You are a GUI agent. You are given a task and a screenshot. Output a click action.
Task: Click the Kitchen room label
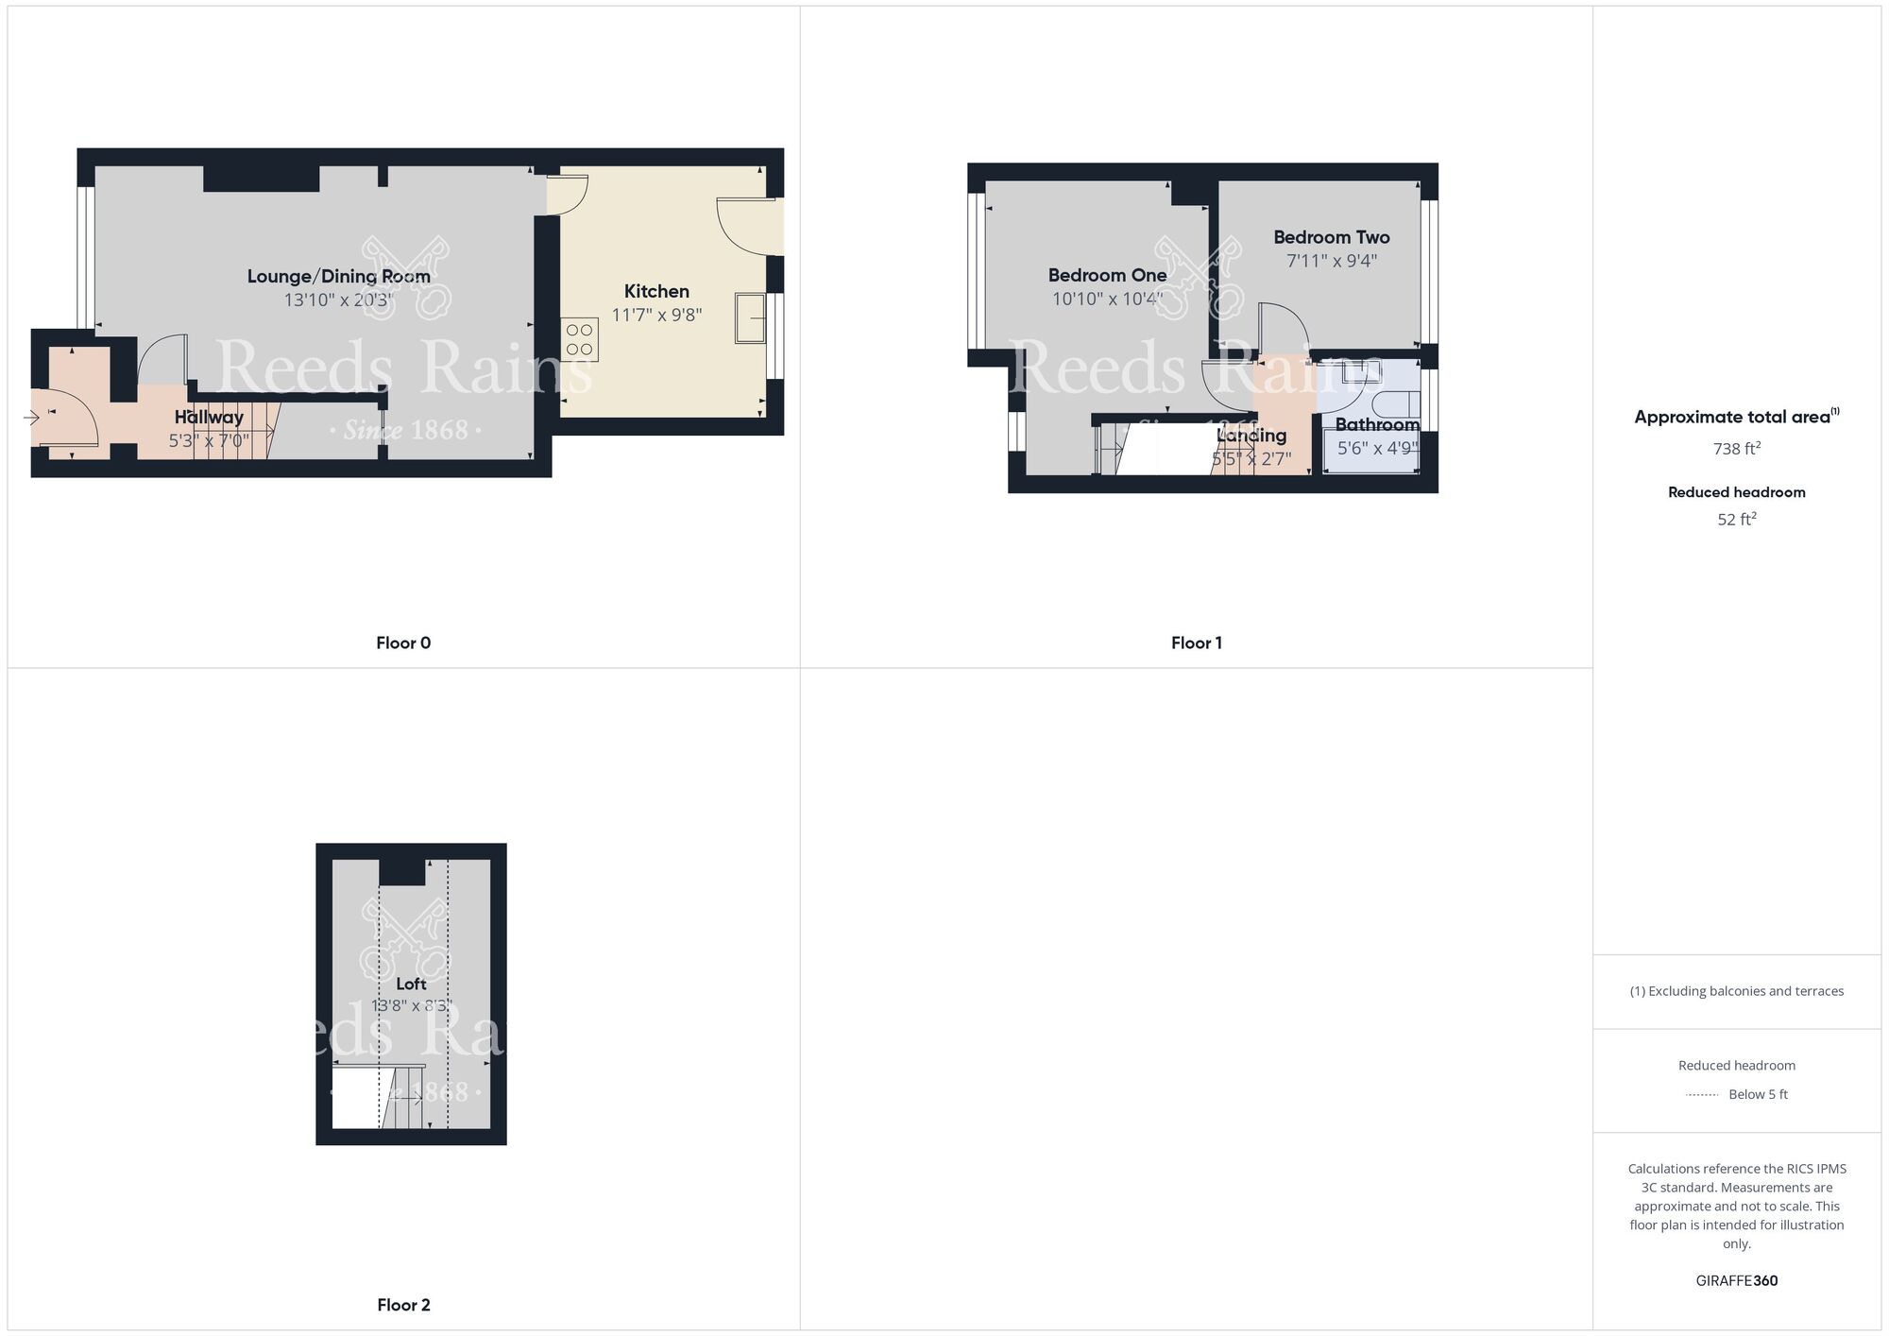[x=656, y=291]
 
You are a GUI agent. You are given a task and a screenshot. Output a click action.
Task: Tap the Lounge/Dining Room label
[x=338, y=276]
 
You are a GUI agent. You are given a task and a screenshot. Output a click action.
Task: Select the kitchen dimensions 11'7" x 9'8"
[x=656, y=315]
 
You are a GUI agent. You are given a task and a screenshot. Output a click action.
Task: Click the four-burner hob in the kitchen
[x=579, y=340]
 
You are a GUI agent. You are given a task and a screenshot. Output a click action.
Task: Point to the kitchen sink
[x=751, y=317]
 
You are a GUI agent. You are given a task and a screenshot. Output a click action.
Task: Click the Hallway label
[x=209, y=417]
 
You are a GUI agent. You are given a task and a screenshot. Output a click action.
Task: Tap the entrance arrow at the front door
[x=31, y=417]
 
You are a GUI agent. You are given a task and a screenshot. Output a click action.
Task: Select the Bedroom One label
[x=1107, y=275]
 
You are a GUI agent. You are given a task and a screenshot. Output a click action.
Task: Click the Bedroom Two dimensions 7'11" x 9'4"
[x=1332, y=261]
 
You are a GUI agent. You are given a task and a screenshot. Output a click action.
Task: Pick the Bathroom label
[x=1377, y=425]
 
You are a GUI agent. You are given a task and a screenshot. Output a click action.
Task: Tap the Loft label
[x=411, y=984]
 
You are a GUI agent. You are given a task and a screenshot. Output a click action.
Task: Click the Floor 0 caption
[x=403, y=643]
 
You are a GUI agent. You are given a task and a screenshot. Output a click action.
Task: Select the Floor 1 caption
[x=1197, y=643]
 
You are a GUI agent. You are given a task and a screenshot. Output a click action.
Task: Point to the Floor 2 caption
[x=403, y=1305]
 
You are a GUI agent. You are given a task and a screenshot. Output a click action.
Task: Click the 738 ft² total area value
[x=1736, y=449]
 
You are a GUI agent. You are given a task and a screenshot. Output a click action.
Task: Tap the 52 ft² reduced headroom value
[x=1736, y=520]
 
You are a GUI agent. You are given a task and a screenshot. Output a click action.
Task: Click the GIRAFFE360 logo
[x=1736, y=1281]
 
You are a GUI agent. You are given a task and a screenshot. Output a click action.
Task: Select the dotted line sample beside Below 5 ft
[x=1702, y=1095]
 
